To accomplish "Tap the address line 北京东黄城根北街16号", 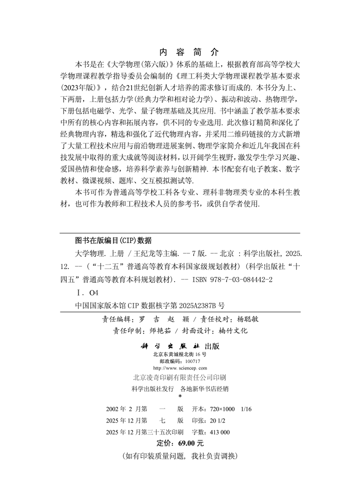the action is tap(179, 354).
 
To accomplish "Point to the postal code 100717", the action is tap(192, 361).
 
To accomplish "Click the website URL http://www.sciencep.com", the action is tap(179, 368).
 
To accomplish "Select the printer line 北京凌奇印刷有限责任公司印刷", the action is tap(179, 377).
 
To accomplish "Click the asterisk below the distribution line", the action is tap(179, 396).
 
